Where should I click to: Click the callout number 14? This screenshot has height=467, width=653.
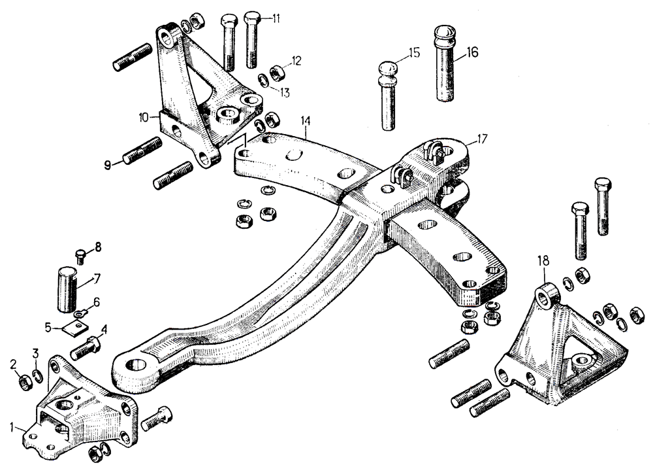pyautogui.click(x=305, y=121)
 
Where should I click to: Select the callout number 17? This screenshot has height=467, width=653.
pyautogui.click(x=482, y=139)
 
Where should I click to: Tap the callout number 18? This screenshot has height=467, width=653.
pyautogui.click(x=543, y=261)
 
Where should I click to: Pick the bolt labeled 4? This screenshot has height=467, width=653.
pyautogui.click(x=86, y=347)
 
